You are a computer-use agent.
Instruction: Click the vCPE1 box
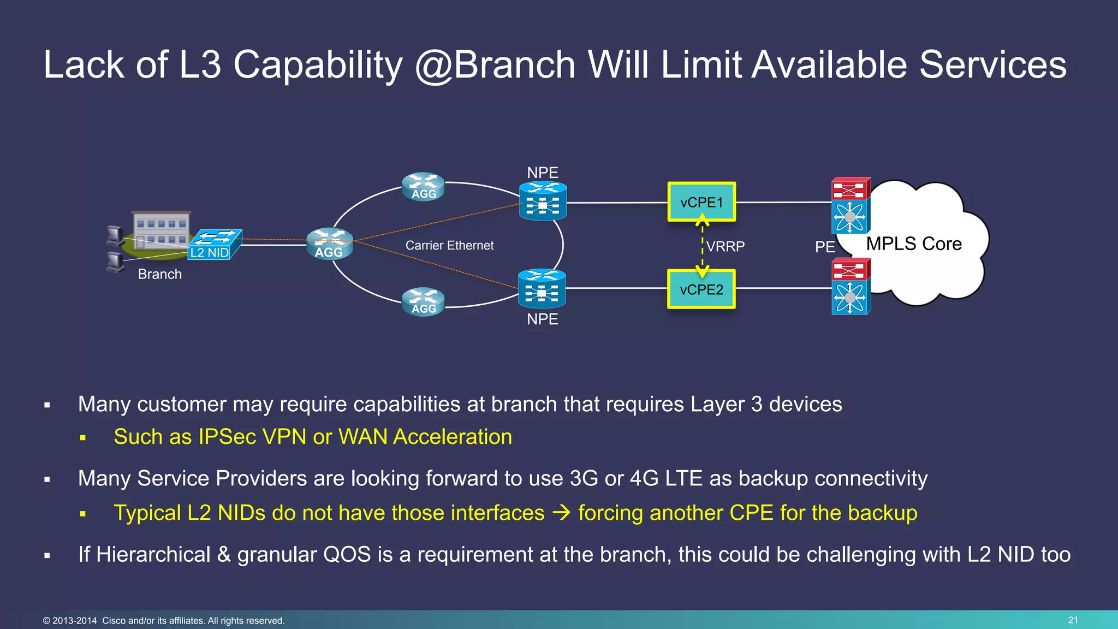point(701,202)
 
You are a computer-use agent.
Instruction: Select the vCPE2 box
point(701,289)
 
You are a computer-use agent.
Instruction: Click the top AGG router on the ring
point(423,187)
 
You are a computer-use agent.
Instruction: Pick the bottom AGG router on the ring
point(423,302)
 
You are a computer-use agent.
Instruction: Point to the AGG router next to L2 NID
point(329,244)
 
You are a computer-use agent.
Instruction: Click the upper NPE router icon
point(543,201)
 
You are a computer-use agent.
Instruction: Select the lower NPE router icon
point(542,288)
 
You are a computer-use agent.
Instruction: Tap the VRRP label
point(725,247)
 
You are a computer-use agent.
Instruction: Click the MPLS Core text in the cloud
point(913,244)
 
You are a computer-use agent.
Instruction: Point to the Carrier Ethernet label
point(449,246)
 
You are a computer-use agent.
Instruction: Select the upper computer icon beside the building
point(115,235)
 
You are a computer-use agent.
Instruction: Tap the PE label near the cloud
point(824,247)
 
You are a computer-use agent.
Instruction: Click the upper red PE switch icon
point(850,189)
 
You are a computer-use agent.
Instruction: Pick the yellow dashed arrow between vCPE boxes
point(702,246)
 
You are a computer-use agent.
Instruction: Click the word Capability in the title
point(318,65)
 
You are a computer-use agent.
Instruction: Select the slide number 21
point(1073,620)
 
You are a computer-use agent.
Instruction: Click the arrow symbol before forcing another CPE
point(561,513)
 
